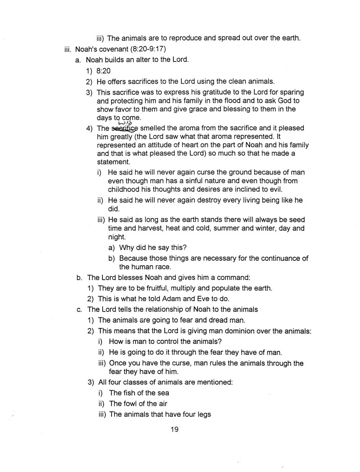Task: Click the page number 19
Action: point(175,429)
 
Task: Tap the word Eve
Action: point(210,298)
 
